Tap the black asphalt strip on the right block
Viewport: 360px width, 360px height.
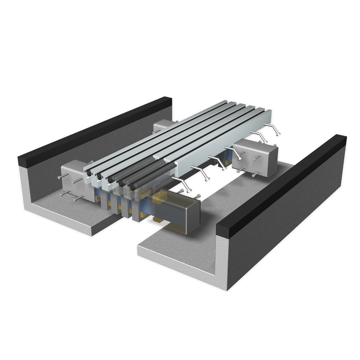tap(281, 184)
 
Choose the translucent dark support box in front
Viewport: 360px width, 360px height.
tap(180, 212)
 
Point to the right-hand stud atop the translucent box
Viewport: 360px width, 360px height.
tap(196, 196)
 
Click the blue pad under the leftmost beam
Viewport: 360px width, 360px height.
tap(97, 196)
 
